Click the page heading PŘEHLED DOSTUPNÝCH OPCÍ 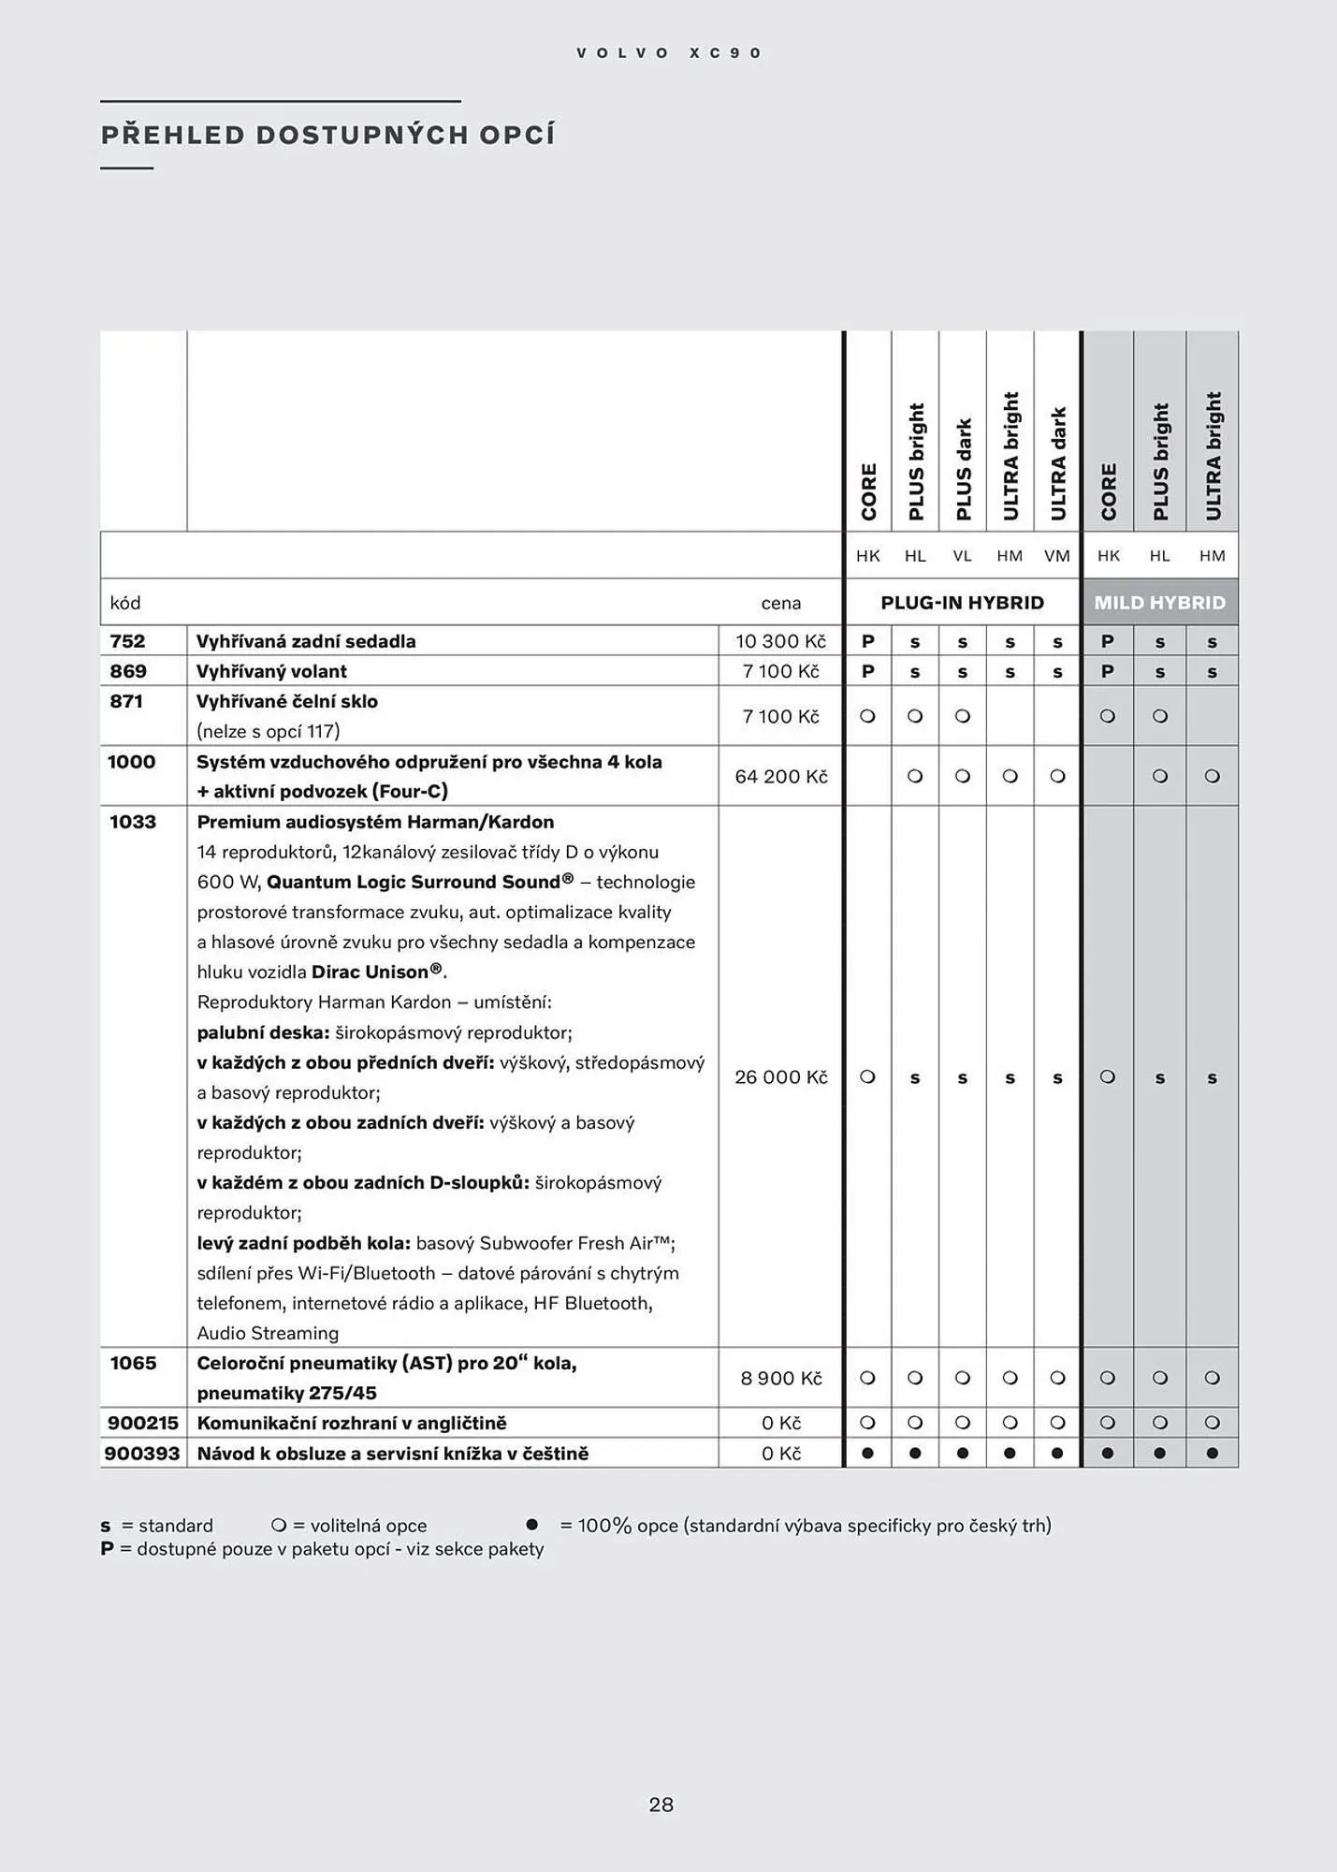pyautogui.click(x=327, y=136)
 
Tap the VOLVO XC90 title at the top pyautogui.click(x=669, y=53)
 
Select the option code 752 pyautogui.click(x=128, y=641)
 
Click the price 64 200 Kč pyautogui.click(x=780, y=776)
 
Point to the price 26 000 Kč pyautogui.click(x=780, y=1077)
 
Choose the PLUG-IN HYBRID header pyautogui.click(x=962, y=603)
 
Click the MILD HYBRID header pyautogui.click(x=1159, y=603)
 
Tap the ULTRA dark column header pyautogui.click(x=1058, y=463)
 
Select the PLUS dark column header pyautogui.click(x=963, y=468)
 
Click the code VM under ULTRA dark pyautogui.click(x=1056, y=556)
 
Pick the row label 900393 pyautogui.click(x=142, y=1454)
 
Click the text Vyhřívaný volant pyautogui.click(x=271, y=671)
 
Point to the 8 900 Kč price pyautogui.click(x=780, y=1378)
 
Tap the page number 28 pyautogui.click(x=661, y=1805)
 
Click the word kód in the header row pyautogui.click(x=125, y=603)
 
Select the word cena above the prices pyautogui.click(x=780, y=604)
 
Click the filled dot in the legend pyautogui.click(x=532, y=1525)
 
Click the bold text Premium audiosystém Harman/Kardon pyautogui.click(x=375, y=822)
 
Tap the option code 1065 pyautogui.click(x=133, y=1363)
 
